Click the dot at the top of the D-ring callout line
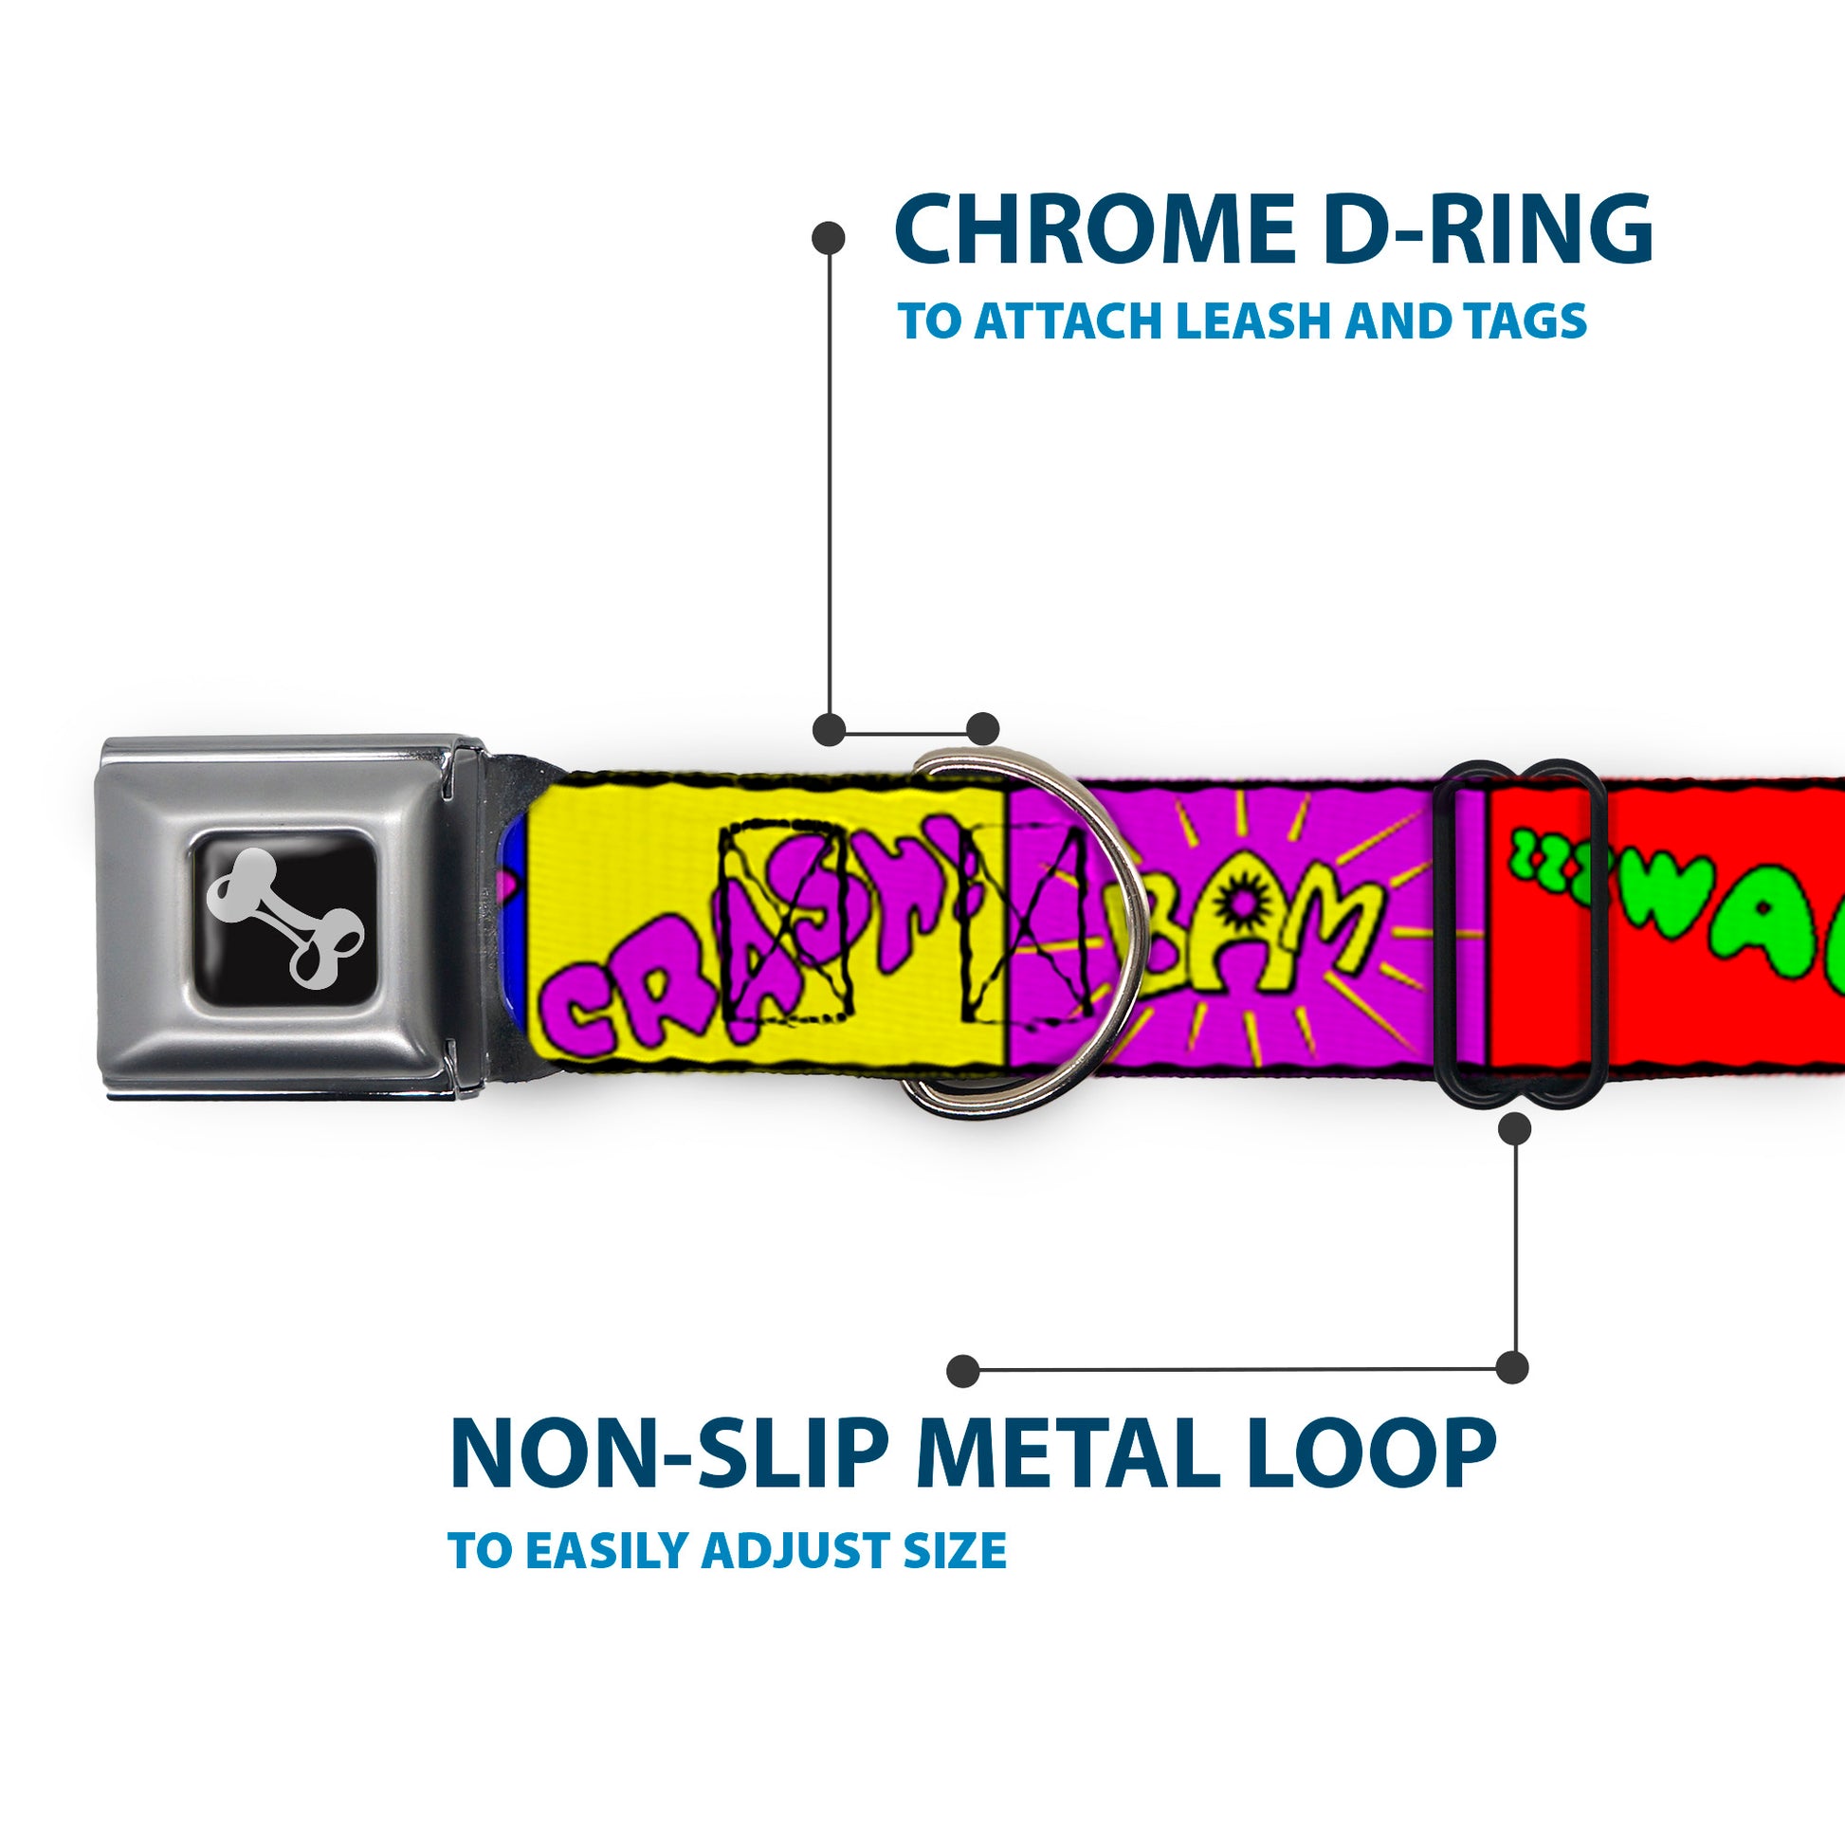pos(828,238)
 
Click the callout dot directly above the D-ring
pos(982,728)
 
